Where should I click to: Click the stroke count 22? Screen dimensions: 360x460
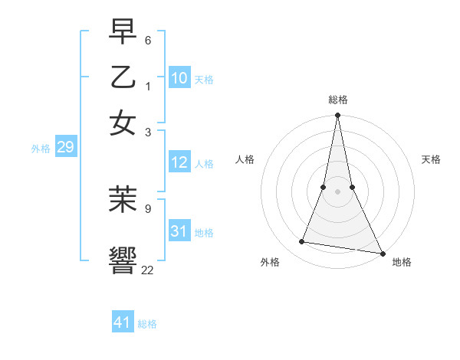tap(147, 270)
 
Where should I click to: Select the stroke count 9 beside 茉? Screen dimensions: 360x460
tap(148, 207)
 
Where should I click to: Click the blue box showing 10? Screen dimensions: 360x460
tap(179, 77)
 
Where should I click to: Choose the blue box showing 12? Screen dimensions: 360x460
tap(179, 162)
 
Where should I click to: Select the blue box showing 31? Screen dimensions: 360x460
tap(179, 231)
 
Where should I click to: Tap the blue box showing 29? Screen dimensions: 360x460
tap(65, 147)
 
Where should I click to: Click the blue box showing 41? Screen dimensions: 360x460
tap(123, 322)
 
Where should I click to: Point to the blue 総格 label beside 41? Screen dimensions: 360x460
tap(147, 324)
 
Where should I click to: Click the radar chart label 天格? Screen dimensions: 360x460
tap(431, 159)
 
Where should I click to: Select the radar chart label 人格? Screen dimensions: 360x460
tap(245, 159)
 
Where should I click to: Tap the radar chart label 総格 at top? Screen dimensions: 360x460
tap(338, 100)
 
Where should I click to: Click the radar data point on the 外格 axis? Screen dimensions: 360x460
tap(302, 242)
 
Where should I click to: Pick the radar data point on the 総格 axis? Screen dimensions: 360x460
tap(338, 116)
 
